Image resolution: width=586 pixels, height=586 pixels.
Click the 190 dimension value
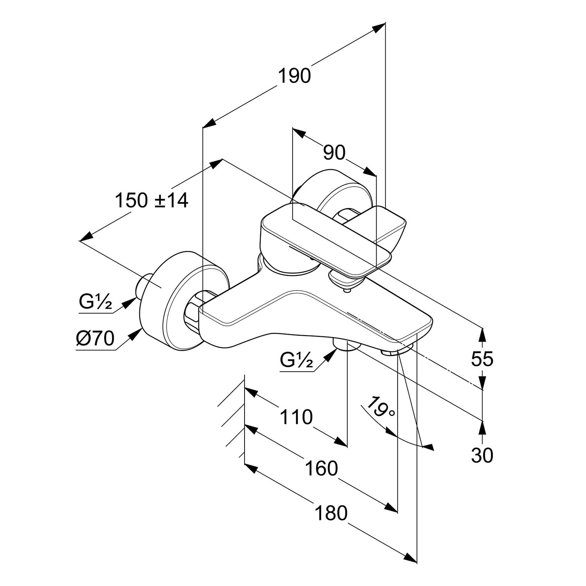294,76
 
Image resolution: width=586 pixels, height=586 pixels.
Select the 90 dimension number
334,153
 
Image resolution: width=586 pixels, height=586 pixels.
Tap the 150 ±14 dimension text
152,201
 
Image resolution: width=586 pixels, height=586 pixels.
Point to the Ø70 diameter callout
95,338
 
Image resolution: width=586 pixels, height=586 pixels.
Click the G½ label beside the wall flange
95,302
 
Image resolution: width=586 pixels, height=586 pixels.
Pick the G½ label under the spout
297,360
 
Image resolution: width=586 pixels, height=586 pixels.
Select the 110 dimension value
296,417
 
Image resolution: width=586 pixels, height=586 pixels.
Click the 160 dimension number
321,468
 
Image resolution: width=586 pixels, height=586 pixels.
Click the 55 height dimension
482,359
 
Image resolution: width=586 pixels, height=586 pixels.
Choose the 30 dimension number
482,456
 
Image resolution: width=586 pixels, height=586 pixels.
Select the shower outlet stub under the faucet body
345,346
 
